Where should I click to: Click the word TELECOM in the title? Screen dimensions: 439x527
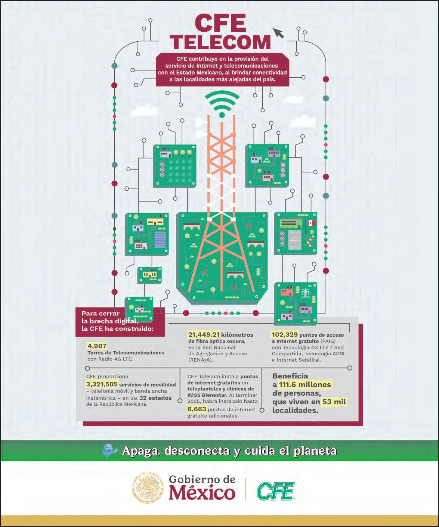coord(220,42)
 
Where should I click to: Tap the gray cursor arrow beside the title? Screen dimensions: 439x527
coord(278,33)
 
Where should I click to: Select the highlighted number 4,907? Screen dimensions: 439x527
coord(97,346)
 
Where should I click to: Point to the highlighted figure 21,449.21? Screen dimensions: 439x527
coord(204,334)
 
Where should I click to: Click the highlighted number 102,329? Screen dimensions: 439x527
coord(285,334)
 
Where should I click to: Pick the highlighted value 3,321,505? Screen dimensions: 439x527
coord(102,384)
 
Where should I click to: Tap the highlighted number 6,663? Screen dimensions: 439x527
coord(197,409)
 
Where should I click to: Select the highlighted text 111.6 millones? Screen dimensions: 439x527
coord(305,384)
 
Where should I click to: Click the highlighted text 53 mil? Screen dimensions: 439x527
coord(334,402)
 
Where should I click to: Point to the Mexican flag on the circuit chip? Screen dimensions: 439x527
coord(312,223)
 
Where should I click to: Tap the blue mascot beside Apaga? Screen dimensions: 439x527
coord(109,451)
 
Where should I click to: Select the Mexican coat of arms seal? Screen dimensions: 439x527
coord(148,487)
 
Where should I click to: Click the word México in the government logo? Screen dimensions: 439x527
coord(202,493)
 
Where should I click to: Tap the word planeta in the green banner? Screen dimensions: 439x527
coord(315,451)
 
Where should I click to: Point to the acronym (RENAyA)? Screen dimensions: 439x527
coord(201,360)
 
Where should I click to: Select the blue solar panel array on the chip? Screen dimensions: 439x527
coord(160,240)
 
